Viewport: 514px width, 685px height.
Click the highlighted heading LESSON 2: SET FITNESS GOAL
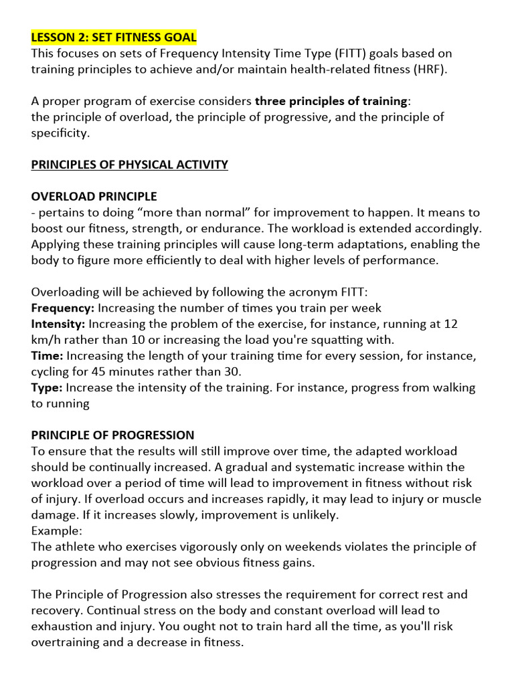pyautogui.click(x=114, y=36)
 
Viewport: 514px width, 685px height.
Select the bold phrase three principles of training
pyautogui.click(x=331, y=101)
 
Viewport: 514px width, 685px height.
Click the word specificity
pyautogui.click(x=59, y=133)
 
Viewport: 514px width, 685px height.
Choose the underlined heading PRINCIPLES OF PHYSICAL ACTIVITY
pyautogui.click(x=130, y=165)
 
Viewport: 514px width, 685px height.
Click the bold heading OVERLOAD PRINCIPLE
pyautogui.click(x=94, y=197)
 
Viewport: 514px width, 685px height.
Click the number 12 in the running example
pyautogui.click(x=451, y=324)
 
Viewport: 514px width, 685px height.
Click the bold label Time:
pyautogui.click(x=47, y=356)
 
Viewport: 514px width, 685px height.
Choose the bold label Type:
pyautogui.click(x=47, y=387)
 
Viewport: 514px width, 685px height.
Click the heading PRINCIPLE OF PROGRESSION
pyautogui.click(x=113, y=435)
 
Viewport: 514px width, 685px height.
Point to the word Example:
pyautogui.click(x=57, y=530)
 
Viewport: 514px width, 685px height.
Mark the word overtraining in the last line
pyautogui.click(x=67, y=642)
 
